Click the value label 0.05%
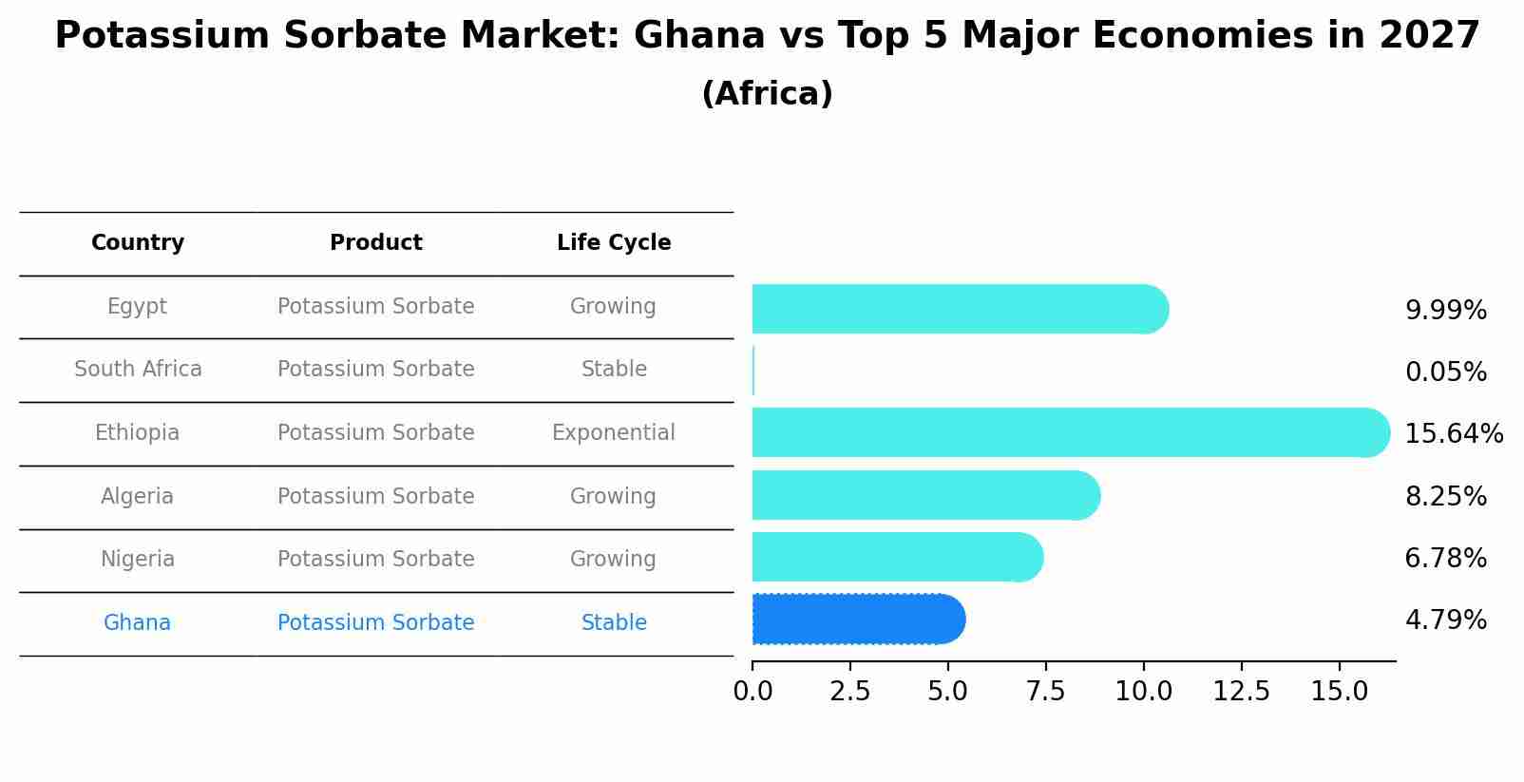coord(1445,372)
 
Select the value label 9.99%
coord(1445,310)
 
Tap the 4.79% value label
coord(1445,620)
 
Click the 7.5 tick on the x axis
coord(1045,691)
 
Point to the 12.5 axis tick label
coord(1241,691)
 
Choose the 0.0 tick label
coord(752,691)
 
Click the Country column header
coord(138,242)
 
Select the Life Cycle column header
coord(614,242)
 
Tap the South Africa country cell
coord(138,369)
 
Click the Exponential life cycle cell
coord(614,432)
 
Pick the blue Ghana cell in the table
coord(138,622)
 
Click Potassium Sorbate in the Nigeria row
coord(375,559)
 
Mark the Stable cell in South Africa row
coord(614,369)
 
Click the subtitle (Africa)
coord(767,93)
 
